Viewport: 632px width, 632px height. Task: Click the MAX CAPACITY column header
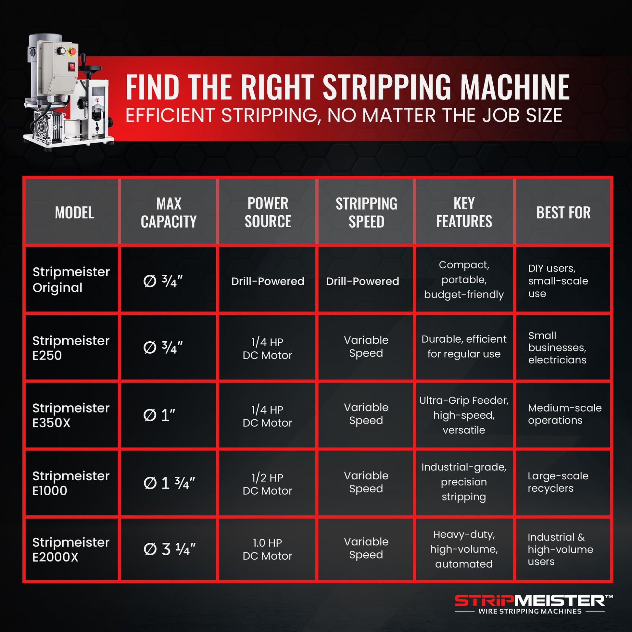tap(169, 213)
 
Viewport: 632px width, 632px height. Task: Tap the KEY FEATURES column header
tap(464, 212)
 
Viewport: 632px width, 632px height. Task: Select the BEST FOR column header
tap(563, 213)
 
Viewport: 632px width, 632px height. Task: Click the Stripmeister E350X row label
tap(71, 415)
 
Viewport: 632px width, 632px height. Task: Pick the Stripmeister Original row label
tap(71, 280)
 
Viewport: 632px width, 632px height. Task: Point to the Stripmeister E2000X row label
tap(71, 550)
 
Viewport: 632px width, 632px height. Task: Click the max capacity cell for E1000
tap(169, 483)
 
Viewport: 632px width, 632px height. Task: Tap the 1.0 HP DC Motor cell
tap(267, 549)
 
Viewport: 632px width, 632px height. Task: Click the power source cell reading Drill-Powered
tap(268, 281)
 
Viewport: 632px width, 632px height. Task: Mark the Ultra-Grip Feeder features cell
tap(464, 415)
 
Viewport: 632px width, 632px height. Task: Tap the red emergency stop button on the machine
tap(72, 51)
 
